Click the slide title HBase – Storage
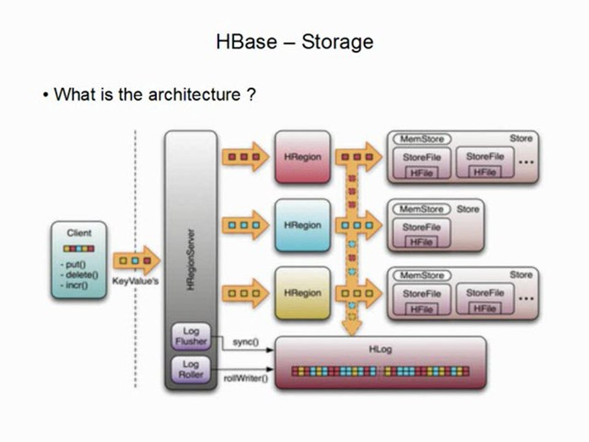coord(294,42)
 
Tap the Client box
coord(79,260)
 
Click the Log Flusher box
coord(191,336)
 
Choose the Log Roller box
coord(191,368)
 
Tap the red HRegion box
coord(302,157)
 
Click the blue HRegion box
coord(302,225)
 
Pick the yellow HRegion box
coord(302,293)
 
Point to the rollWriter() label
coord(246,378)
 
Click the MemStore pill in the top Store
coord(422,139)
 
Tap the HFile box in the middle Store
coord(421,242)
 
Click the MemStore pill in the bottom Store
coord(422,276)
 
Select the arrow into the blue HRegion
coord(245,225)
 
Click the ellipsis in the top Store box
coord(526,162)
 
